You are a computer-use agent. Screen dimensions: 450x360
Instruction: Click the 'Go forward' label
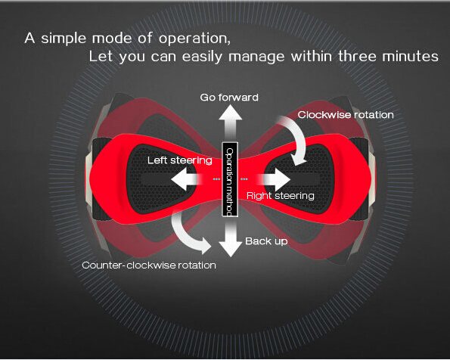coord(229,98)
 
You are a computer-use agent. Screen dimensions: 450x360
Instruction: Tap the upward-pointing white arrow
coord(231,123)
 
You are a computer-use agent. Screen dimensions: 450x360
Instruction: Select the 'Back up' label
coord(266,241)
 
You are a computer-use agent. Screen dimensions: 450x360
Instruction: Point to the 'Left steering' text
coord(180,160)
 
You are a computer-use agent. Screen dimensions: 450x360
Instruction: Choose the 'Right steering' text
coord(281,196)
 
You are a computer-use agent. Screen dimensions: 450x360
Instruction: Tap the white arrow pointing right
coord(276,179)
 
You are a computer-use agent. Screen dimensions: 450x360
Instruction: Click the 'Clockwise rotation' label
coord(346,115)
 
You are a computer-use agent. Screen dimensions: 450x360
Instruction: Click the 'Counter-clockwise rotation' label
coord(149,265)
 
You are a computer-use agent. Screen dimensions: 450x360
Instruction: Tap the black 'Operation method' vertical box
coord(230,179)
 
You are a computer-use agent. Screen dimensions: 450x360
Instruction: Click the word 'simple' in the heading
coord(64,39)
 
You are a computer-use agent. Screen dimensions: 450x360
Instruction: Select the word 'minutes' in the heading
coord(411,56)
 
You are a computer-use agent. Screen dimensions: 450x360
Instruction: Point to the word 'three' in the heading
coord(357,56)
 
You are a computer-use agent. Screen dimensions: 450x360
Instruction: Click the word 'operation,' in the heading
coord(194,39)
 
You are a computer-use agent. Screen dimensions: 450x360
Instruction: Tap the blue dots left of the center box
coord(216,179)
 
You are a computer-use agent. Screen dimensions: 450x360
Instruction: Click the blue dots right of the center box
coord(244,179)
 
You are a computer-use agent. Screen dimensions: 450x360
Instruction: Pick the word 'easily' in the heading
coord(202,57)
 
